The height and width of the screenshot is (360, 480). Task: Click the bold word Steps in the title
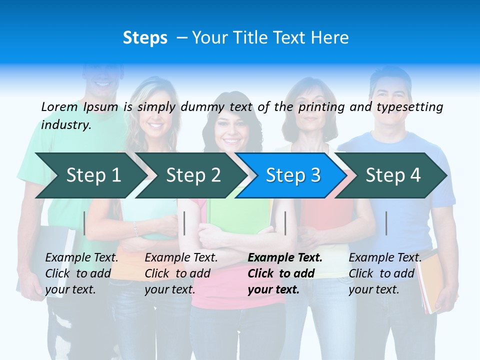pyautogui.click(x=145, y=37)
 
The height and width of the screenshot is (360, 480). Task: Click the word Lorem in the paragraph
pyautogui.click(x=59, y=106)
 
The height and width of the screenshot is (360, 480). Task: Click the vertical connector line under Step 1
pyautogui.click(x=84, y=223)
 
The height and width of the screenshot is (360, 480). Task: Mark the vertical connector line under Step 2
pyautogui.click(x=184, y=223)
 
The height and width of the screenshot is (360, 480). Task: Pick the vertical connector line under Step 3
pyautogui.click(x=285, y=223)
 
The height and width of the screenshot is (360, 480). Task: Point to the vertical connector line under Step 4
pyautogui.click(x=386, y=223)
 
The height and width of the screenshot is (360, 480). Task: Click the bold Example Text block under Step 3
pyautogui.click(x=285, y=273)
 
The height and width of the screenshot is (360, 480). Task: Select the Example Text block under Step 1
pyautogui.click(x=81, y=273)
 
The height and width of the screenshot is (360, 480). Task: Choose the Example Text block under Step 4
pyautogui.click(x=385, y=273)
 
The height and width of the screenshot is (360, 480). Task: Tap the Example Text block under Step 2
pyautogui.click(x=181, y=273)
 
